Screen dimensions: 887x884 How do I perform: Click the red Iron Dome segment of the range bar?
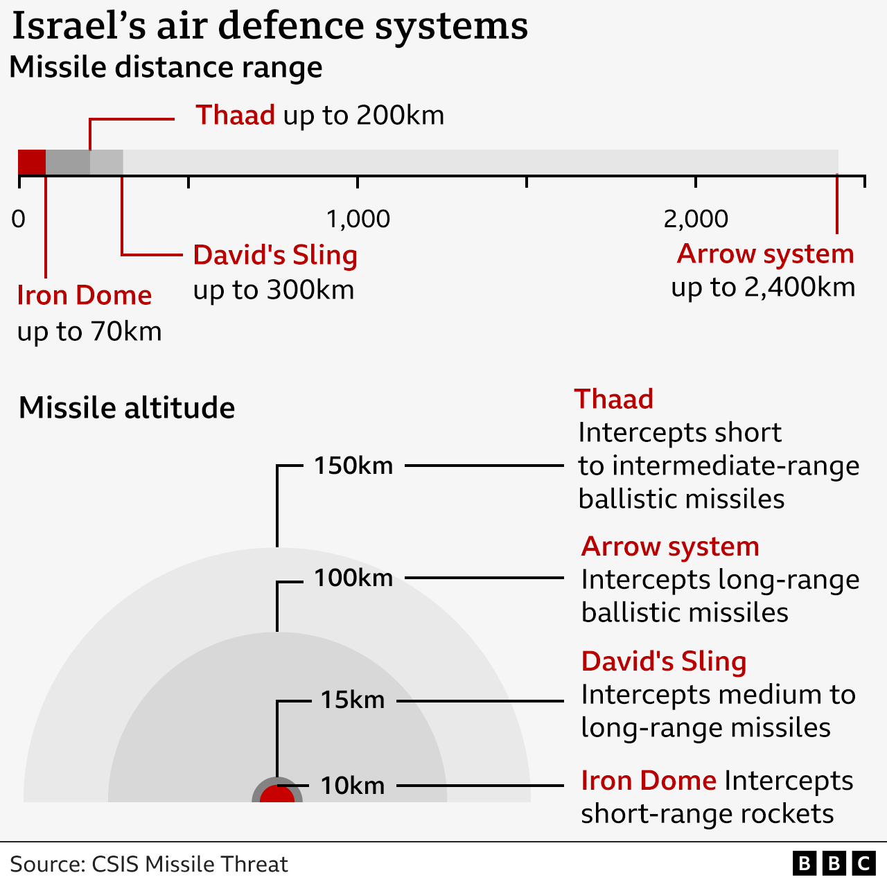click(x=32, y=162)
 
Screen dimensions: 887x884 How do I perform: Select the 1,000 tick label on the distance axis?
click(x=358, y=219)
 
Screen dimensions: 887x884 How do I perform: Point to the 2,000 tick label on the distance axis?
click(x=696, y=219)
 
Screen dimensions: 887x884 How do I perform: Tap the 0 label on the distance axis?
click(x=19, y=219)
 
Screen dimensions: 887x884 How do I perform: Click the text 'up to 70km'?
click(x=89, y=331)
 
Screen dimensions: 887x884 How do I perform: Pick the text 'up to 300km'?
click(x=274, y=290)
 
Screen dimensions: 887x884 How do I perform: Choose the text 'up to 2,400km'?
click(x=763, y=288)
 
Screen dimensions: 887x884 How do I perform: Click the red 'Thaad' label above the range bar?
click(x=235, y=114)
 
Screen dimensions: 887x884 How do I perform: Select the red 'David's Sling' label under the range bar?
click(x=275, y=255)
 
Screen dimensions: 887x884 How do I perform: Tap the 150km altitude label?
click(x=353, y=466)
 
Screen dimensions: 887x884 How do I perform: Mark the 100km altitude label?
click(x=353, y=578)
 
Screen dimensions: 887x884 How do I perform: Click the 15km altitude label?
click(x=353, y=700)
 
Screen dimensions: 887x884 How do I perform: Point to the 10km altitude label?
click(x=353, y=786)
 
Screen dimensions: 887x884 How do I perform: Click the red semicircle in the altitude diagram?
click(x=277, y=795)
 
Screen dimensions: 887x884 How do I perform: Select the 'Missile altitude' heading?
click(x=127, y=408)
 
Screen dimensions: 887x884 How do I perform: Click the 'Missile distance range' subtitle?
click(x=166, y=67)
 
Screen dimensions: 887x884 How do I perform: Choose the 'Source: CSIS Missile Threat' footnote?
click(x=149, y=864)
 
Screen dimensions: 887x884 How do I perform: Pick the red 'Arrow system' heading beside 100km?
click(x=670, y=547)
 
